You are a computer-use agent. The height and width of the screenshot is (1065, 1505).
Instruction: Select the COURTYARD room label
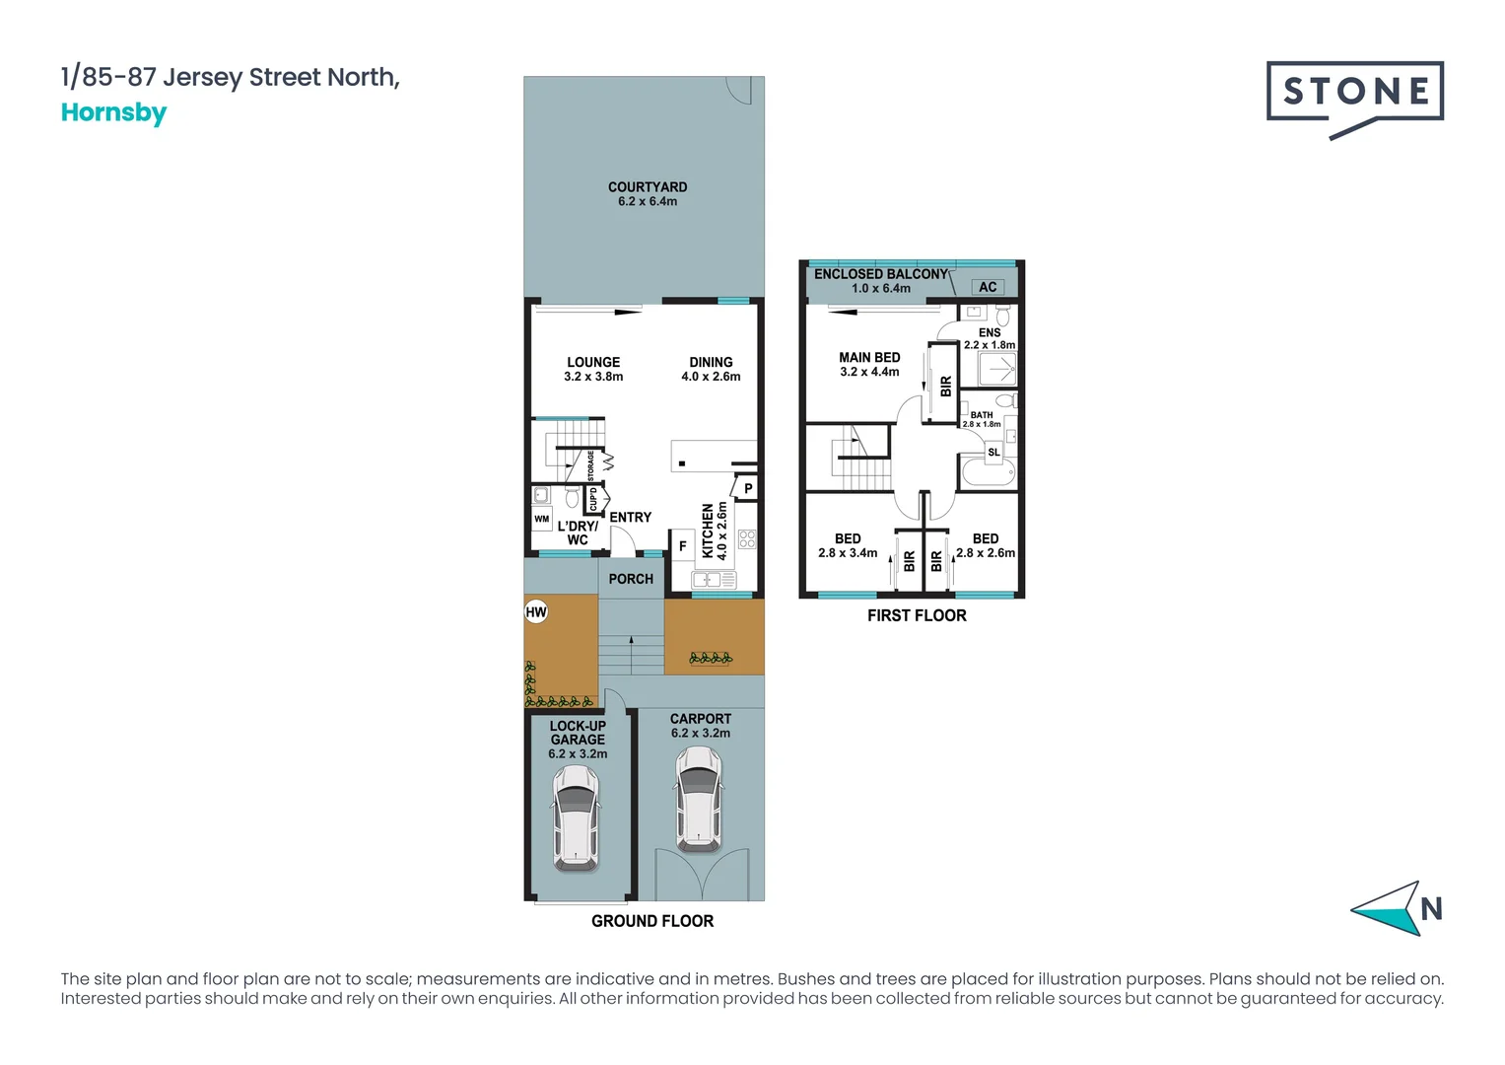(648, 187)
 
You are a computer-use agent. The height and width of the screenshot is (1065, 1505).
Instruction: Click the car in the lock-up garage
(576, 817)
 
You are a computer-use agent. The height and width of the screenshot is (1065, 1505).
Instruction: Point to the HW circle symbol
(535, 611)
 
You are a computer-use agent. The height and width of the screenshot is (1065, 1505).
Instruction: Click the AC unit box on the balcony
(988, 287)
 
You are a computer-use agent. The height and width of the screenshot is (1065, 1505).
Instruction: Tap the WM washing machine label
(541, 519)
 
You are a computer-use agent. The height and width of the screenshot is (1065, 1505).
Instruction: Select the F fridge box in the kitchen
(682, 545)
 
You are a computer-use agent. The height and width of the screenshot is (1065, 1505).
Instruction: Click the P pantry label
(748, 488)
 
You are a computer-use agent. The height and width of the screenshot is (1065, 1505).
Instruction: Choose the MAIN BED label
(869, 358)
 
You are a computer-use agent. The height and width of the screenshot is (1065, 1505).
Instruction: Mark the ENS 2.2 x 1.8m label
(990, 339)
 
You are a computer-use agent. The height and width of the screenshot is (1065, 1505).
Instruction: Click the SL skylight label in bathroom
(993, 453)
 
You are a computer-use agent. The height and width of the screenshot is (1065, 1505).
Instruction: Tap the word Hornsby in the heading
(113, 112)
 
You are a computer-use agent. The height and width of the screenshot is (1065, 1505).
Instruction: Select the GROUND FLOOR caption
(651, 921)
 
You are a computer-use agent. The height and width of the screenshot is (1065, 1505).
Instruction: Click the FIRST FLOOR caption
(917, 615)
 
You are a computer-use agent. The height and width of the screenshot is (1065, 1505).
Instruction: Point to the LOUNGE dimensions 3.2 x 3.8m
(593, 377)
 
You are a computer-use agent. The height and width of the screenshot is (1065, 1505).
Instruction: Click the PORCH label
(631, 579)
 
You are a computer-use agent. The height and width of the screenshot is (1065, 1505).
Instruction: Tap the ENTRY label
(630, 517)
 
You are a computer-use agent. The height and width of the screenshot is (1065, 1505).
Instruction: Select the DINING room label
(711, 362)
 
